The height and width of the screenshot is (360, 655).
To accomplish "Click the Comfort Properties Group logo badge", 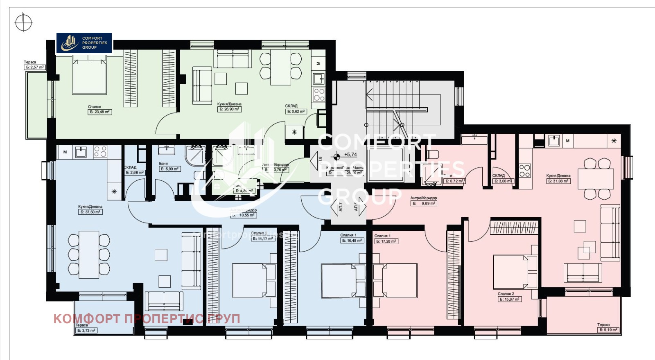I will (84, 43).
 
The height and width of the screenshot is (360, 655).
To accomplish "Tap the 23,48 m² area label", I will (100, 112).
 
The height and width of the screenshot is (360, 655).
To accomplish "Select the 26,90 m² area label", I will (229, 109).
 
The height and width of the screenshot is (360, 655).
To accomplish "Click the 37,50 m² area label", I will (90, 212).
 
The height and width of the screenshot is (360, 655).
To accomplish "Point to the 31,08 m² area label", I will (558, 181).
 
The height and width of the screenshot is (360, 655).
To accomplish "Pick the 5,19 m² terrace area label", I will (608, 330).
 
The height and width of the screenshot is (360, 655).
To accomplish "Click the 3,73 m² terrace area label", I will (86, 331).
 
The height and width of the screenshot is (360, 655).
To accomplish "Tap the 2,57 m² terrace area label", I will (34, 67).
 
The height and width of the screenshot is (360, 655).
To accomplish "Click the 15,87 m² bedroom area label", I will (510, 299).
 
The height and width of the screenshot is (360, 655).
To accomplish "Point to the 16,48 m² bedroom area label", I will (352, 241).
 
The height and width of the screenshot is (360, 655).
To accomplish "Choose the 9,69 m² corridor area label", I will (424, 203).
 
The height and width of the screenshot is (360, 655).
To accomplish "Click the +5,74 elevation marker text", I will (350, 155).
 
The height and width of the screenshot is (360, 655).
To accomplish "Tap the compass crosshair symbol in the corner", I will (23, 22).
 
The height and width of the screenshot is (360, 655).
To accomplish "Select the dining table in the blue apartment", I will (89, 254).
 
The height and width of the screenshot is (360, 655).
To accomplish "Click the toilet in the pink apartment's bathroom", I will (432, 155).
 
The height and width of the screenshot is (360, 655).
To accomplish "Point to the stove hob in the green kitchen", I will (319, 95).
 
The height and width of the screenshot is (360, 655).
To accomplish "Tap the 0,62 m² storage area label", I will (296, 111).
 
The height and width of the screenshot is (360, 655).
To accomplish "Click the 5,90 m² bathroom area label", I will (169, 169).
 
